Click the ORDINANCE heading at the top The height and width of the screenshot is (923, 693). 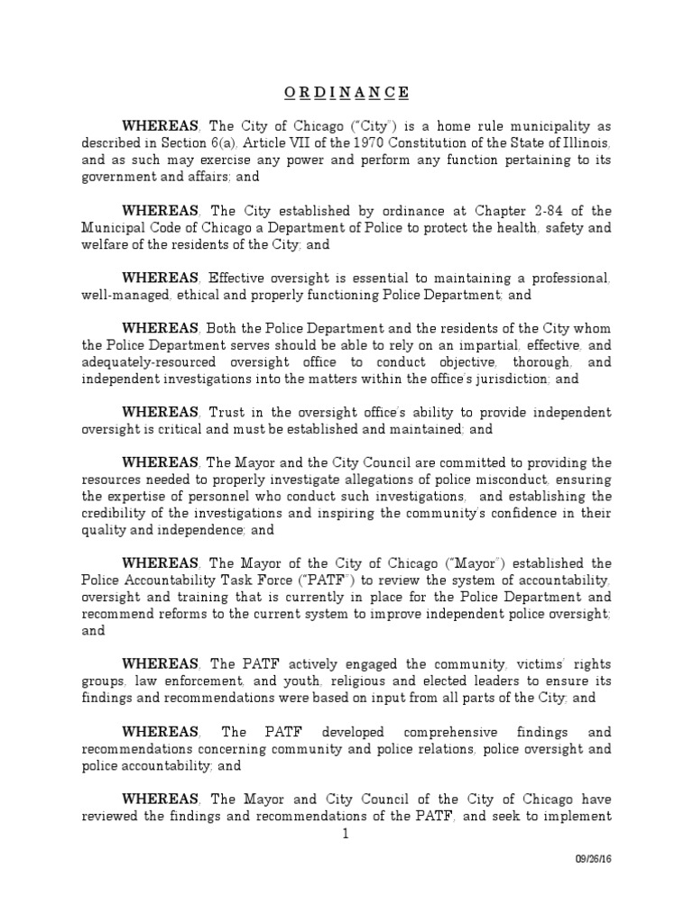(346, 93)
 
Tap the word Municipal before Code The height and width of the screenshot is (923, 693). (113, 228)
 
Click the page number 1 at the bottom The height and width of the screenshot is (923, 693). (346, 834)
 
